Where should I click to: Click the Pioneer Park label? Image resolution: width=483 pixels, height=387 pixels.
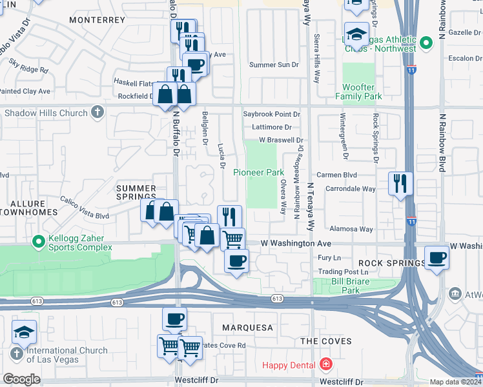(258, 173)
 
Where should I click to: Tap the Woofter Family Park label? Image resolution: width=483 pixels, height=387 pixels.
(358, 92)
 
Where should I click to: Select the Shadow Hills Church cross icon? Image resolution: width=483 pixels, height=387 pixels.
(97, 113)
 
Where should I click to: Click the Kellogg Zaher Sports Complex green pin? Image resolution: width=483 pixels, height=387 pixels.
(39, 242)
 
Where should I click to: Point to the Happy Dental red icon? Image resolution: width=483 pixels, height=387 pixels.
(325, 365)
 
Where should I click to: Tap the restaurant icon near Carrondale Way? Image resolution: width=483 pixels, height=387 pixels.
(400, 183)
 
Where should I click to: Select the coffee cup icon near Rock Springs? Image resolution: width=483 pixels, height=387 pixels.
(437, 257)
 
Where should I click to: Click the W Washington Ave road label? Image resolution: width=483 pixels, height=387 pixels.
(295, 244)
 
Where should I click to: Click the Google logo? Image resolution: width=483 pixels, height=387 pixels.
(21, 379)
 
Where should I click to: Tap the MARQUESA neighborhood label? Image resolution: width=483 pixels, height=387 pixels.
(248, 328)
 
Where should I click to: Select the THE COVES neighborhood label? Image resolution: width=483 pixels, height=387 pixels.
(326, 341)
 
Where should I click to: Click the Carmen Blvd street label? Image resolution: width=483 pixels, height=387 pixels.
(336, 175)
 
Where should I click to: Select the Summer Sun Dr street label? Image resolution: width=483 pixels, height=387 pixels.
(274, 65)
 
